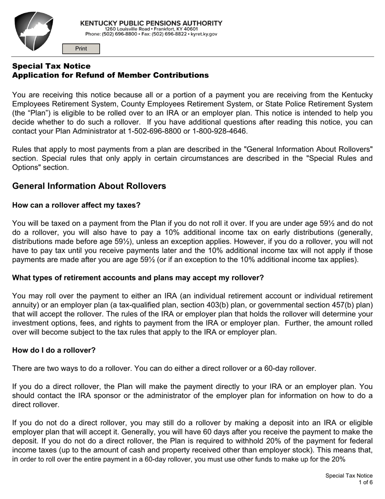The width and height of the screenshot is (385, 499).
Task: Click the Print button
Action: coord(81,49)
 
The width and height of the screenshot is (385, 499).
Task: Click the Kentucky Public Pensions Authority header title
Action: coord(151,23)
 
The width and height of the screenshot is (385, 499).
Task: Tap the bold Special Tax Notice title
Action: coord(51,66)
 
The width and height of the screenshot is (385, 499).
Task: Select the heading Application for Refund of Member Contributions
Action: coord(110,75)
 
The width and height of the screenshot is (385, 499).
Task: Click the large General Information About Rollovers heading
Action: coord(89,186)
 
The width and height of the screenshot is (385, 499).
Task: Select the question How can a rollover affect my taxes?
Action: coord(76,205)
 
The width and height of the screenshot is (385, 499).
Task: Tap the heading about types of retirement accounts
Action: coord(138,278)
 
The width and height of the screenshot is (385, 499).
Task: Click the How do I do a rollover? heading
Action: coord(53,350)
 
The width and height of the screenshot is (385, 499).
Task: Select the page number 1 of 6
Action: coord(365,482)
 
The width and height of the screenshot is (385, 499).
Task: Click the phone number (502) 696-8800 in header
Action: coord(120,34)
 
